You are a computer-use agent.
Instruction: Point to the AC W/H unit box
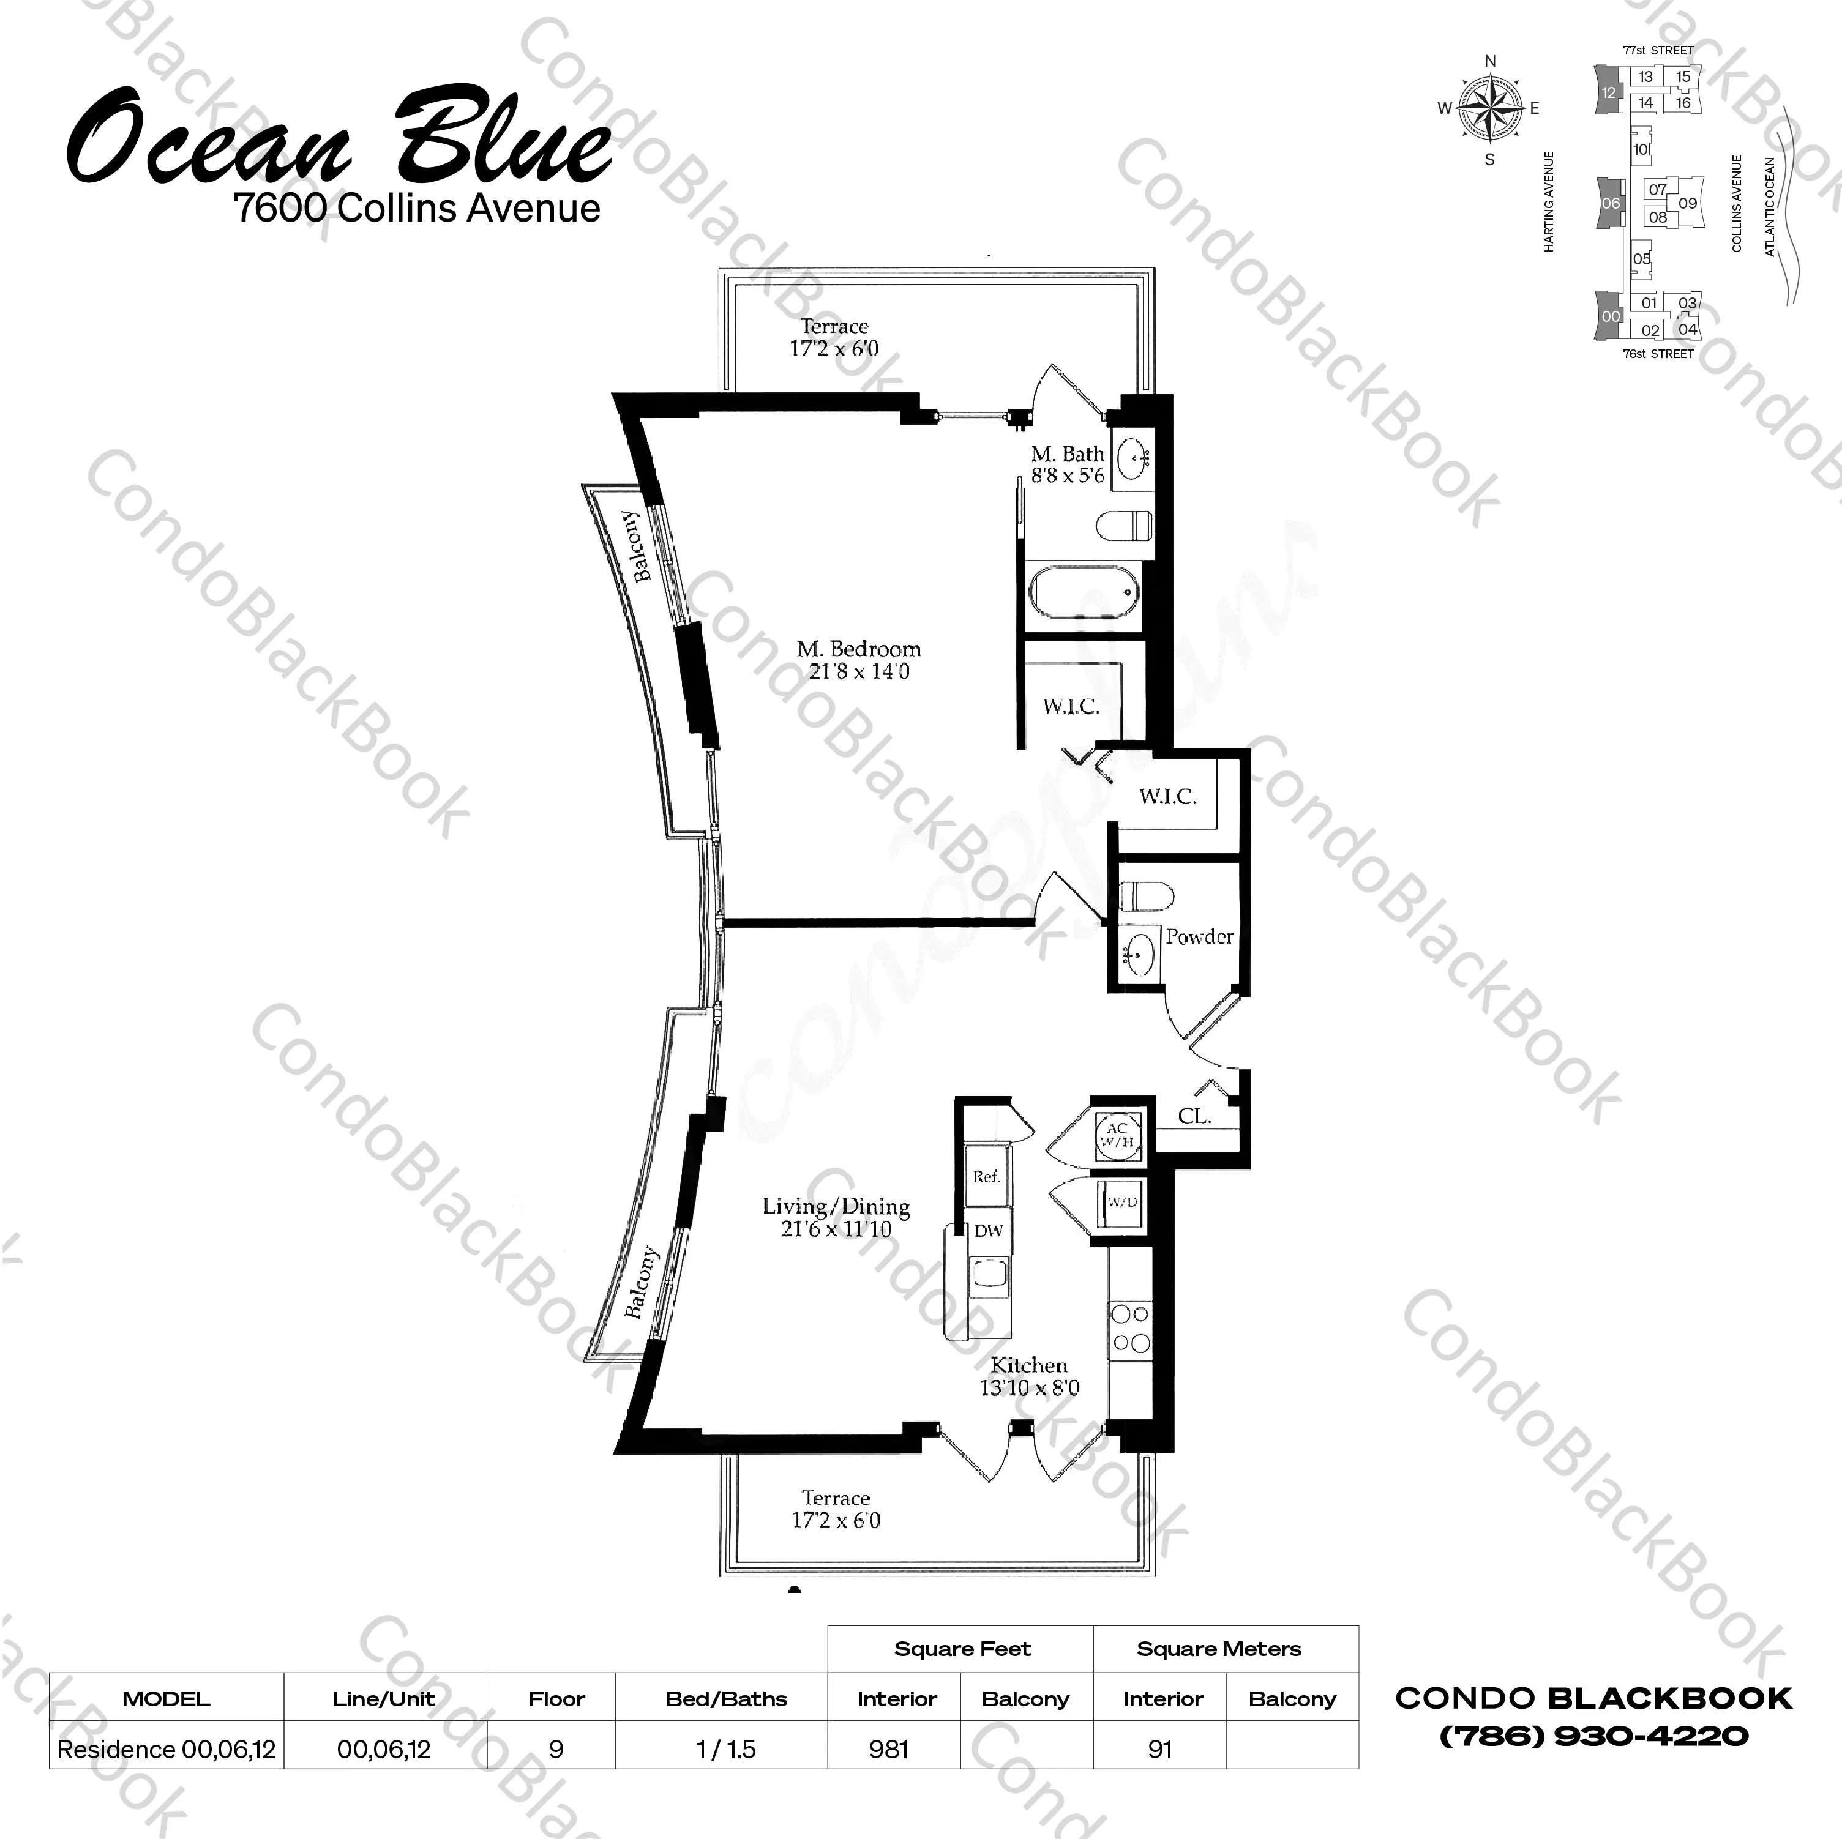pyautogui.click(x=1117, y=1135)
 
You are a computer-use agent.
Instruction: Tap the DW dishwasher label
pyautogui.click(x=989, y=1231)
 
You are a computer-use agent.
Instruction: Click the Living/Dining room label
pyautogui.click(x=836, y=1217)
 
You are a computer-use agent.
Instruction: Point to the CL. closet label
pyautogui.click(x=1194, y=1116)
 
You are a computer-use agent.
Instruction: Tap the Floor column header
pyautogui.click(x=557, y=1699)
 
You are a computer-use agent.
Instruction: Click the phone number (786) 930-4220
pyautogui.click(x=1594, y=1735)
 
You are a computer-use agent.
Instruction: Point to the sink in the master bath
pyautogui.click(x=1132, y=460)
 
